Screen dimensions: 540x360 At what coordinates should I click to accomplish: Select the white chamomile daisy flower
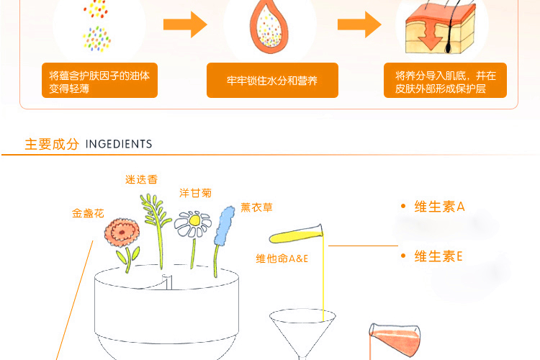[x=193, y=225]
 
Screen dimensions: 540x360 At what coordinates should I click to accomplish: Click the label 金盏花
[x=88, y=214]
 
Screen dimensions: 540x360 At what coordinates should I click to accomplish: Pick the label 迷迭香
[x=141, y=179]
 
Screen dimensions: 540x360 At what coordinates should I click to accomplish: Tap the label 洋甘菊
[x=196, y=193]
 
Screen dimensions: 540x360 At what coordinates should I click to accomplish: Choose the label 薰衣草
[x=257, y=207]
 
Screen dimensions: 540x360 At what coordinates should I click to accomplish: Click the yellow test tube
[x=296, y=234]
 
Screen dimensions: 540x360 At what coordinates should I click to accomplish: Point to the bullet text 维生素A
[x=439, y=207]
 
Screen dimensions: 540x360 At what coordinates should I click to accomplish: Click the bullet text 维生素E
[x=438, y=256]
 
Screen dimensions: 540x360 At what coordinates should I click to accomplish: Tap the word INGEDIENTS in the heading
[x=119, y=144]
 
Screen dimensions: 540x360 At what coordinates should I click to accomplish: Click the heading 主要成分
[x=52, y=144]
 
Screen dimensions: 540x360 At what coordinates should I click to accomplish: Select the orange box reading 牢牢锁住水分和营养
[x=272, y=81]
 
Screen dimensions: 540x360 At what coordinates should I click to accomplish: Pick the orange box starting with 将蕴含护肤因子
[x=99, y=81]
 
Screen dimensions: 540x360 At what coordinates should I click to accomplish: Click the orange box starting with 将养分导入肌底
[x=445, y=81]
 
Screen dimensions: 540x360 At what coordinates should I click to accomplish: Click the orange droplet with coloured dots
[x=270, y=30]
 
